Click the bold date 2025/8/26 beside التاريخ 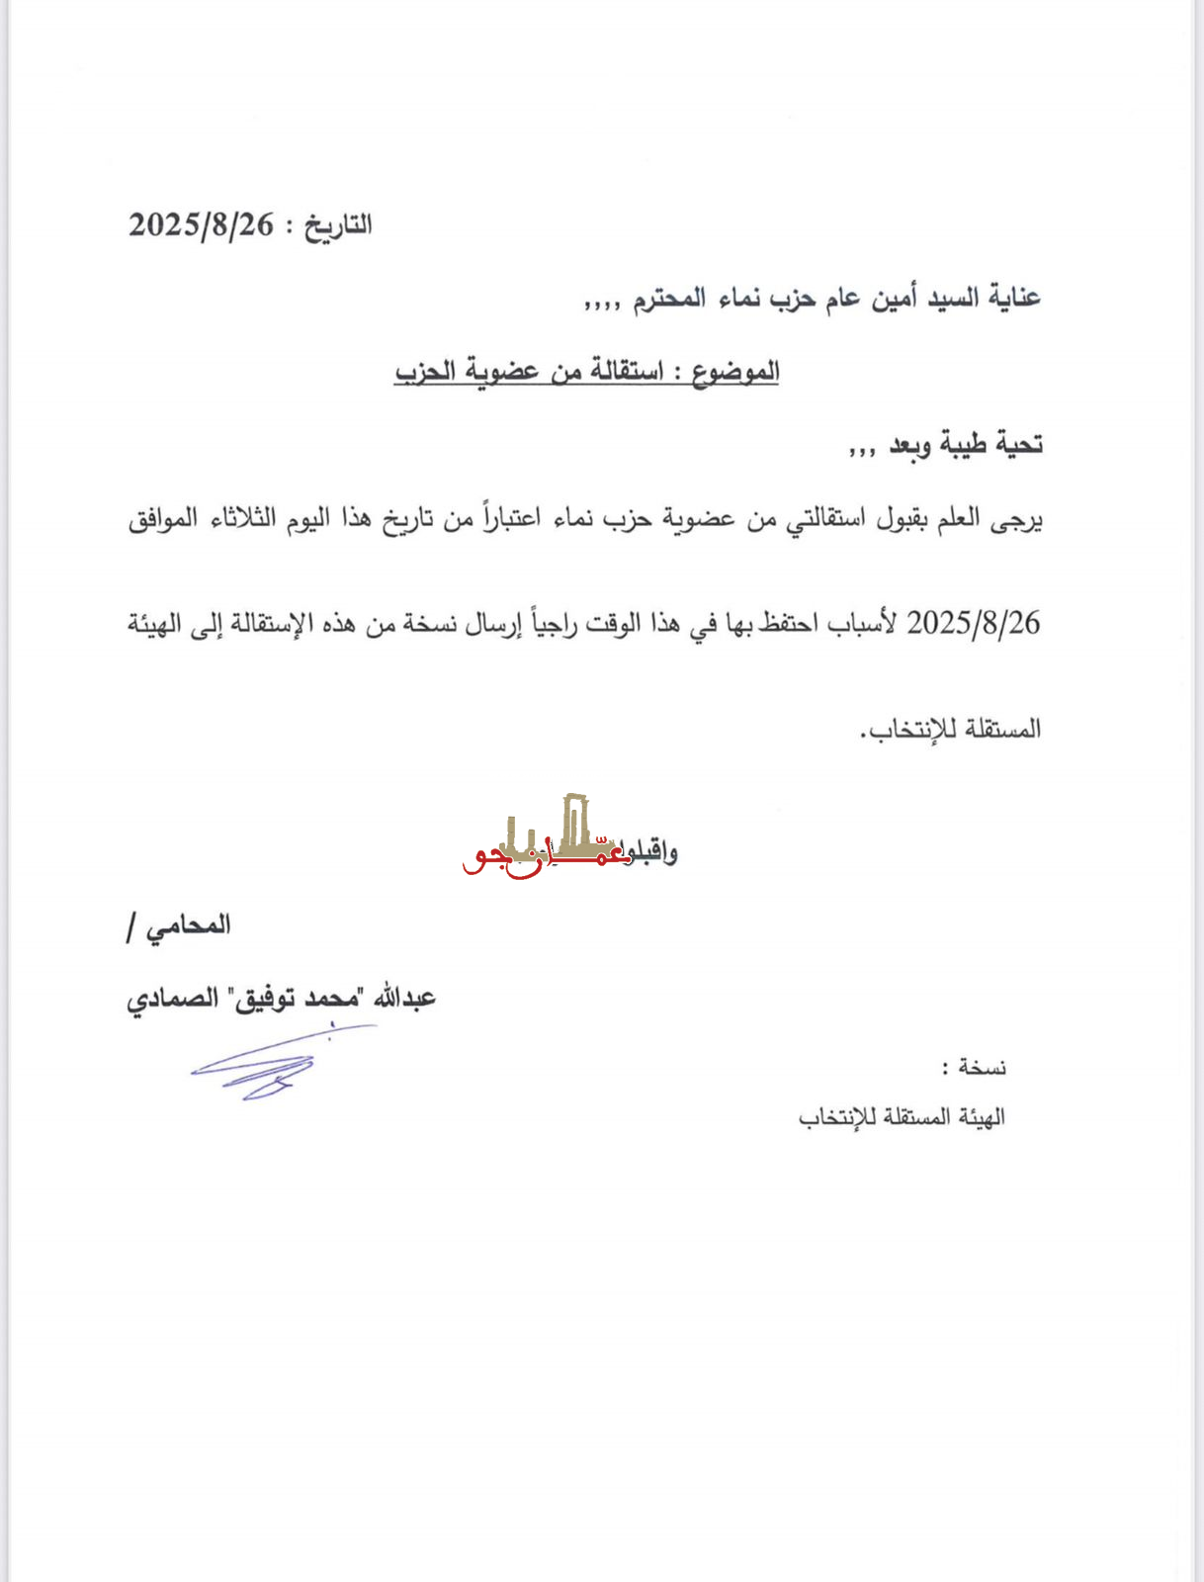201,225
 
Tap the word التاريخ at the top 338,225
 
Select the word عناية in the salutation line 1011,298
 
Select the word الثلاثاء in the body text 243,518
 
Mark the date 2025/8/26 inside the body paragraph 974,623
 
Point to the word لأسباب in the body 864,623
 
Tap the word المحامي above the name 188,925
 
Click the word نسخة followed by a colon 983,1068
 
